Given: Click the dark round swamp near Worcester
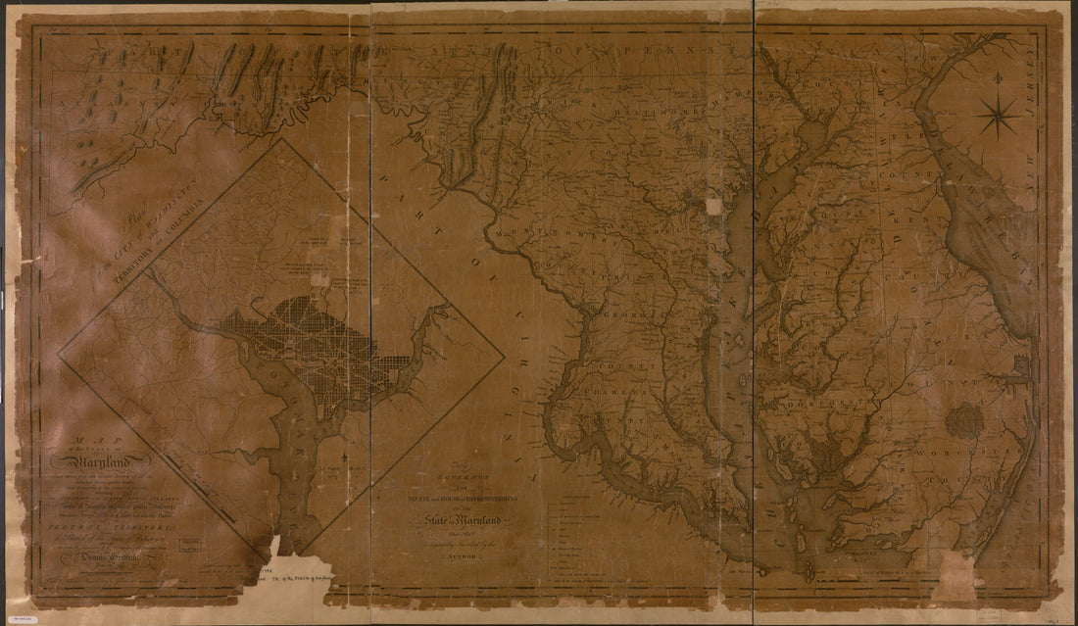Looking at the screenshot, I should click(965, 421).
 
